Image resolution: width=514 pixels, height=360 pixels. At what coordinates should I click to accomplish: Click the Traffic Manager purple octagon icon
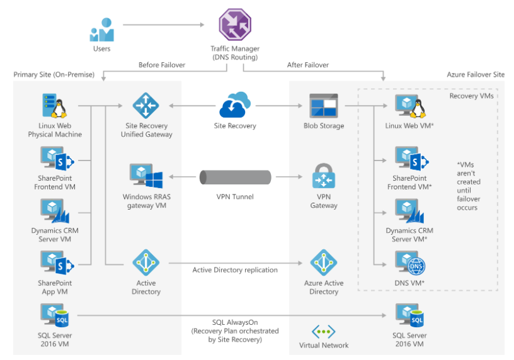click(x=235, y=25)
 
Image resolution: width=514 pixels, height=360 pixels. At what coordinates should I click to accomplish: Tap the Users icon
click(x=101, y=30)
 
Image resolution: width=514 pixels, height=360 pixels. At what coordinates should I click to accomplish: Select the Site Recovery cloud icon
click(x=235, y=104)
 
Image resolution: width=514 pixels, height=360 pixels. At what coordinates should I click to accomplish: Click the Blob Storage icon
click(x=324, y=106)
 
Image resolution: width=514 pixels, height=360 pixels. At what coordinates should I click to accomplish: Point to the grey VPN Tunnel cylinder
click(x=236, y=177)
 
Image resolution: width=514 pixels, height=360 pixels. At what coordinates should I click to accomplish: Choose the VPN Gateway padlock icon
click(x=324, y=176)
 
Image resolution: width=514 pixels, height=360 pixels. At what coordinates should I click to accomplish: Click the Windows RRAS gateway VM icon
click(x=146, y=176)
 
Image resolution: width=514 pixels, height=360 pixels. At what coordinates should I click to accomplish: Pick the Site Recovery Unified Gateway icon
click(x=146, y=106)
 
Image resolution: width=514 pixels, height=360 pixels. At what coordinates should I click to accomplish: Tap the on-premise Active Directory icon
click(x=146, y=262)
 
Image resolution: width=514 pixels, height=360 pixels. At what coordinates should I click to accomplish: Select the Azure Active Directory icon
click(x=324, y=262)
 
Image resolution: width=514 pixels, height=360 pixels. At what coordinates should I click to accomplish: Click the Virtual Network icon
click(x=324, y=332)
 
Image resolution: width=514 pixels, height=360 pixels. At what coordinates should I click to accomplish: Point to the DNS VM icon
click(x=410, y=263)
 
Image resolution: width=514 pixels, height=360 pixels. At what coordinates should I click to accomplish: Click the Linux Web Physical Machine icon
click(x=55, y=106)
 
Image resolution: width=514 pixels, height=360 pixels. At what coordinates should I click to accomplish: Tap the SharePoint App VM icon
click(x=57, y=262)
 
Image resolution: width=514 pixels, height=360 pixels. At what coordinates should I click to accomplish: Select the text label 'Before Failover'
click(x=162, y=65)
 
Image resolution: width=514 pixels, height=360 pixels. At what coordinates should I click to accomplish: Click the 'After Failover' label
click(x=308, y=65)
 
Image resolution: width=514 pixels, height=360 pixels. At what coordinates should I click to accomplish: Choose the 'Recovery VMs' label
click(x=471, y=96)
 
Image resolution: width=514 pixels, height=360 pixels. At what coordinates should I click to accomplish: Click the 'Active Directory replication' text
click(x=235, y=270)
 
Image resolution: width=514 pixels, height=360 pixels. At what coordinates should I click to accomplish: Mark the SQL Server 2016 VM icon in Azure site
click(x=410, y=315)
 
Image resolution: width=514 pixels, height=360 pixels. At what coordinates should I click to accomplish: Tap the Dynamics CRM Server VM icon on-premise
click(x=55, y=211)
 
